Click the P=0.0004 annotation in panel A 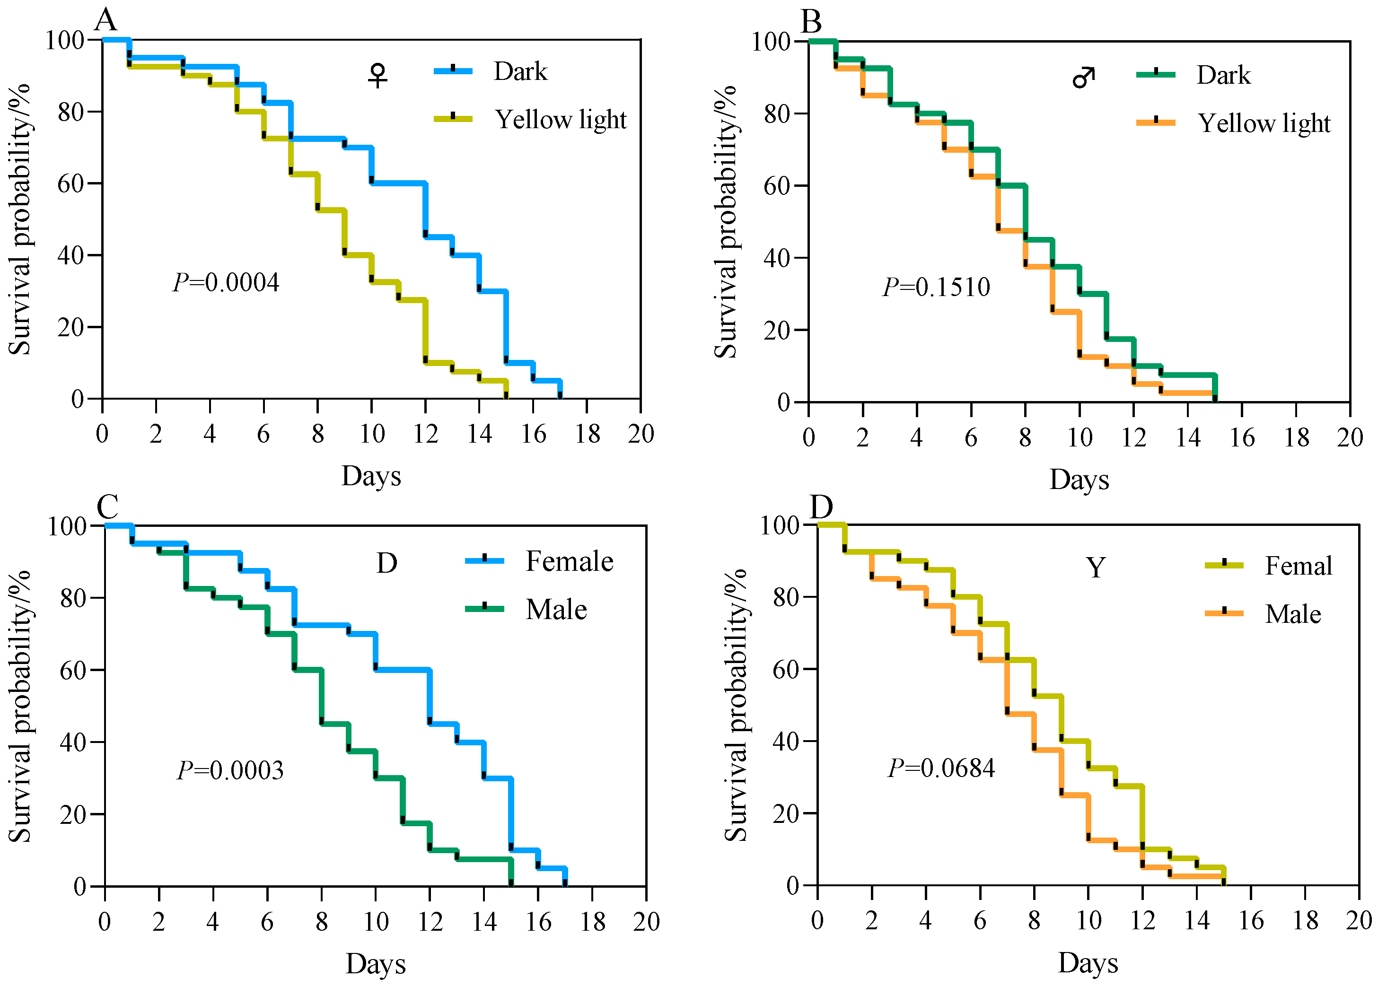click(x=226, y=282)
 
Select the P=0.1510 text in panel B click(x=936, y=287)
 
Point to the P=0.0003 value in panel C click(x=230, y=770)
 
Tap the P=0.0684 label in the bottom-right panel click(x=941, y=769)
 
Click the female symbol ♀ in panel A click(x=378, y=75)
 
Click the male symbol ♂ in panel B click(x=1084, y=77)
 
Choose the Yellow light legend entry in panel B click(x=1264, y=123)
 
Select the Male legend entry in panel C click(x=556, y=609)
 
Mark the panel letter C click(x=107, y=506)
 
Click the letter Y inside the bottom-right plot click(x=1096, y=568)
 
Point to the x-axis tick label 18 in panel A click(x=588, y=434)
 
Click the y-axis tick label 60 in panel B click(x=776, y=186)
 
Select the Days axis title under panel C click(x=376, y=963)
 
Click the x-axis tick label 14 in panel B click(x=1188, y=437)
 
